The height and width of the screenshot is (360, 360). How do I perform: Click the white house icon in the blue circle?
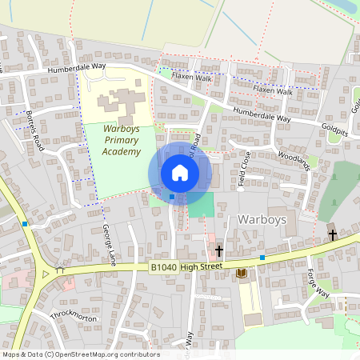point(180,173)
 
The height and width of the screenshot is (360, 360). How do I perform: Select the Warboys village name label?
point(262,218)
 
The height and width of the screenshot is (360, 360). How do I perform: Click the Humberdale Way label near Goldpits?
point(262,115)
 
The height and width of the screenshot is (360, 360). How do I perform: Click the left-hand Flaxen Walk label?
point(191,78)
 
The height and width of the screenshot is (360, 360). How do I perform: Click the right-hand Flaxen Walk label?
point(274,91)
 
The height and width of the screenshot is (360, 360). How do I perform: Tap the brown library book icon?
point(242,274)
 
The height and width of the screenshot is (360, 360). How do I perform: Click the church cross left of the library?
point(219,251)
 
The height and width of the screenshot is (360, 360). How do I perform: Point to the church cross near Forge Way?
point(333,234)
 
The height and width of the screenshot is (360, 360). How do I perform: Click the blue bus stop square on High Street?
point(262,258)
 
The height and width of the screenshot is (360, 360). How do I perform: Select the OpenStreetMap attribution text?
point(80,354)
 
